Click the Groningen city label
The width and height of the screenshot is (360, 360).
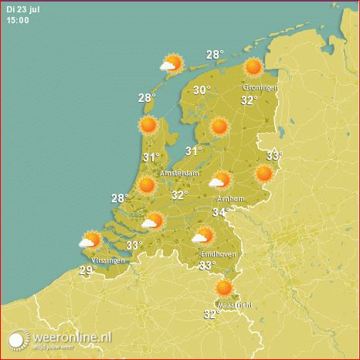[260, 87]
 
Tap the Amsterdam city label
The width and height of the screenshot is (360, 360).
[180, 174]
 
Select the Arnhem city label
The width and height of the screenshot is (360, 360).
[232, 199]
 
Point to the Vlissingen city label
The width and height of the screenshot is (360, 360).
[107, 260]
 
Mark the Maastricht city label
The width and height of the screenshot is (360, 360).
[235, 305]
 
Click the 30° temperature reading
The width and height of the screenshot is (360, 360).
[202, 90]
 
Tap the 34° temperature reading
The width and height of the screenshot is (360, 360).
[221, 212]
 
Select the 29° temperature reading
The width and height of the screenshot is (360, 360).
[88, 270]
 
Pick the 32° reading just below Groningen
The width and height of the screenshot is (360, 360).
[249, 100]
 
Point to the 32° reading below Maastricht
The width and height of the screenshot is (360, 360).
[211, 314]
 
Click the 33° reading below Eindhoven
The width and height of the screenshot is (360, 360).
[207, 266]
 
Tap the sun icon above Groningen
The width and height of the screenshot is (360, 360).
[253, 67]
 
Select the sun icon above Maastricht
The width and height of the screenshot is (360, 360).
[224, 288]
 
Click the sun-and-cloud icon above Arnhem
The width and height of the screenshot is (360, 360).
[220, 180]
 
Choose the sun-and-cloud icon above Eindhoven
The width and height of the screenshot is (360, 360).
[203, 236]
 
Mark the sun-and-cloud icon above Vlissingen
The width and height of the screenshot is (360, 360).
[90, 241]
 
